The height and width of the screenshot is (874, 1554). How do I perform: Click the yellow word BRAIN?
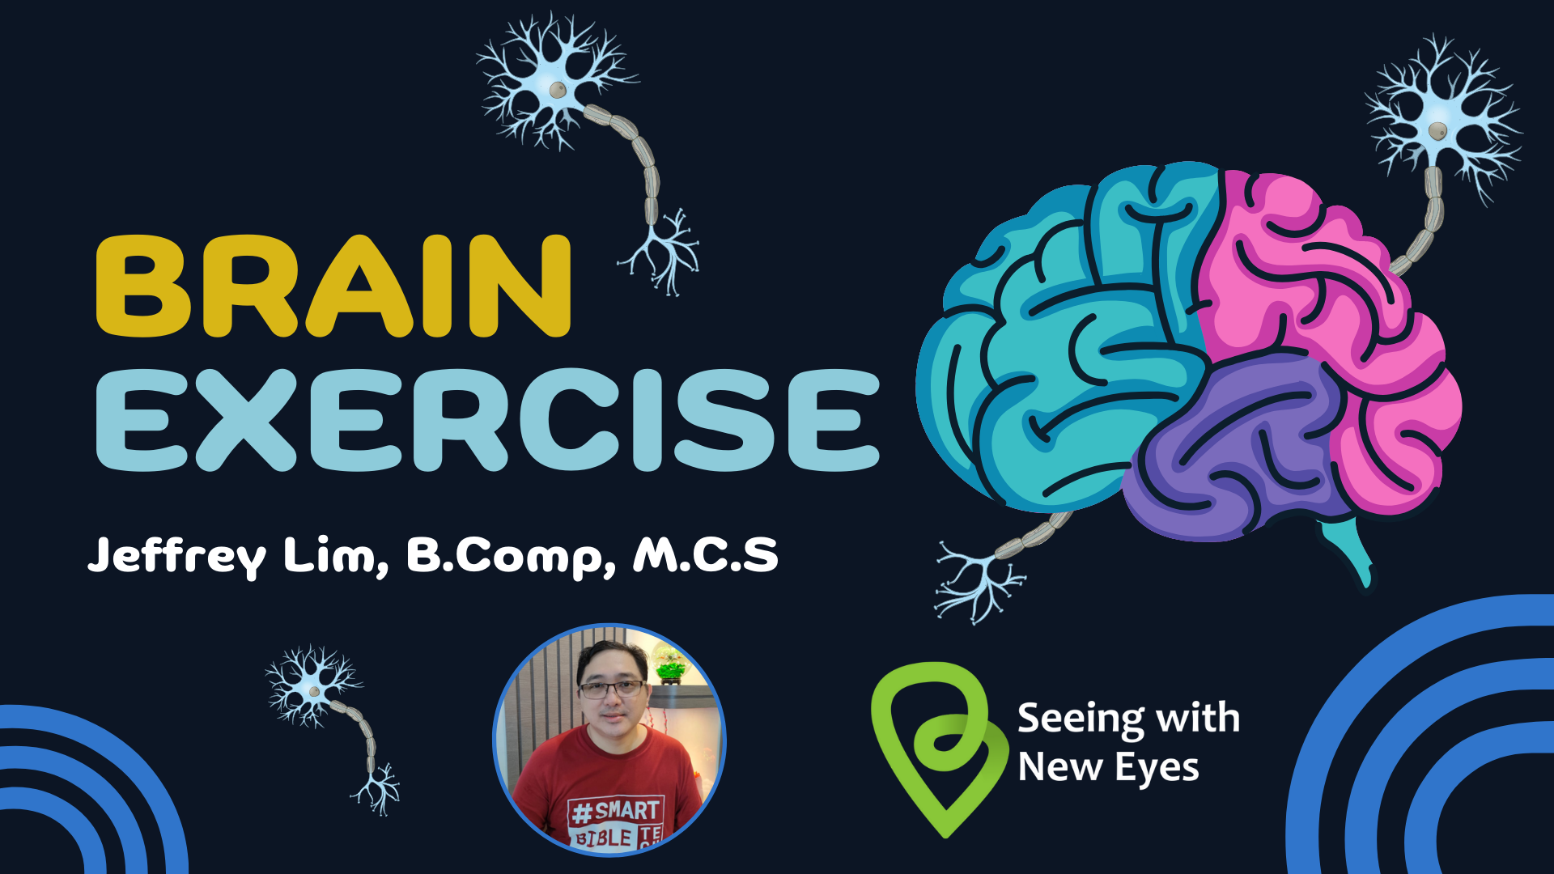(x=333, y=286)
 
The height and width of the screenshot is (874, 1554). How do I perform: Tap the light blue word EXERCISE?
(x=488, y=419)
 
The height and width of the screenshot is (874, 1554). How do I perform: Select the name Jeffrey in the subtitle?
(x=176, y=555)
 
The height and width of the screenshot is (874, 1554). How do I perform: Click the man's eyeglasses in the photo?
(x=612, y=689)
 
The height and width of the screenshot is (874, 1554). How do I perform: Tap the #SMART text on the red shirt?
(x=614, y=811)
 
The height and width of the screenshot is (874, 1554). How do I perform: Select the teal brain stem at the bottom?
(x=1348, y=550)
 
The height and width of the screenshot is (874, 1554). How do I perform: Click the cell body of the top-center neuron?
(x=558, y=89)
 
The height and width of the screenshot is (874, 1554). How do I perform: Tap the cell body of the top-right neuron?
(x=1437, y=130)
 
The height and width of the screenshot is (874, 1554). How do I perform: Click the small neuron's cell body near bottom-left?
(x=314, y=692)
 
